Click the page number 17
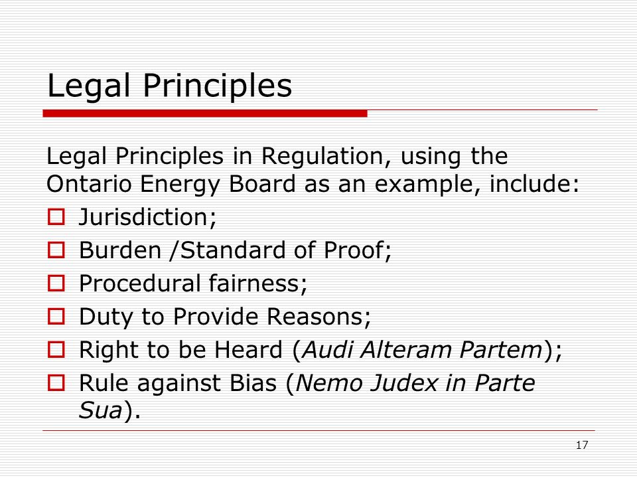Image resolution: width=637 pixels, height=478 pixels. pyautogui.click(x=582, y=445)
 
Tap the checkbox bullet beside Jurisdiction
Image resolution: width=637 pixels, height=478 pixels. pyautogui.click(x=56, y=216)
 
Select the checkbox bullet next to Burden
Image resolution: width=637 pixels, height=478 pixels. pyautogui.click(x=56, y=250)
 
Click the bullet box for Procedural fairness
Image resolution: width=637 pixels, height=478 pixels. pyautogui.click(x=56, y=283)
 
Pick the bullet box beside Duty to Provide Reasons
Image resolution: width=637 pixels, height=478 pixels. pyautogui.click(x=56, y=316)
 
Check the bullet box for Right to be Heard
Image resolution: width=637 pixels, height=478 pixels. pyautogui.click(x=56, y=350)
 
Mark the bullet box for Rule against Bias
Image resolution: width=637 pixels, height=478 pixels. pyautogui.click(x=56, y=383)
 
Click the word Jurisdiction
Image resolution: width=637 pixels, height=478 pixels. pyautogui.click(x=144, y=216)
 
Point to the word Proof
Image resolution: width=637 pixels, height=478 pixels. pyautogui.click(x=353, y=250)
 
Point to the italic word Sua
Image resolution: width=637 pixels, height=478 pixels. pyautogui.click(x=100, y=410)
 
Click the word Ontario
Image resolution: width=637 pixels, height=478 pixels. pyautogui.click(x=90, y=184)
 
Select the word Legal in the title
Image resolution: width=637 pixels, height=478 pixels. pyautogui.click(x=88, y=86)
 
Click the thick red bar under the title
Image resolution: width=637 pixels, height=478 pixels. pyautogui.click(x=205, y=114)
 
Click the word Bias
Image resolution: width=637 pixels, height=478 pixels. pyautogui.click(x=253, y=383)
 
